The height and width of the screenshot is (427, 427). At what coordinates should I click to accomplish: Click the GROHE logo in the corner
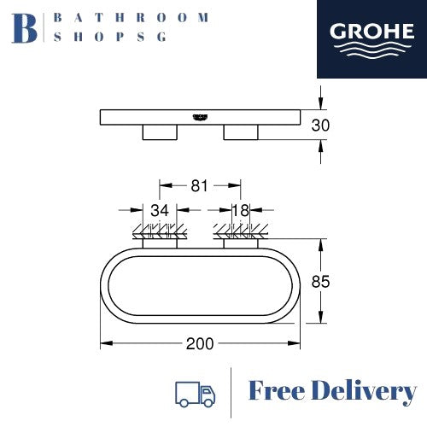pos(371,39)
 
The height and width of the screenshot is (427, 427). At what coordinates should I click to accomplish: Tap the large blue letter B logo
pos(24,28)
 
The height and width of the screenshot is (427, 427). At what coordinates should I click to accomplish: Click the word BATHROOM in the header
pos(132,18)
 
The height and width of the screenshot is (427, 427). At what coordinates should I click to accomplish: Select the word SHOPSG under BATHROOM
pos(110,37)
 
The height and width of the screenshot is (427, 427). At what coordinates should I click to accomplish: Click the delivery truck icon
pos(196,394)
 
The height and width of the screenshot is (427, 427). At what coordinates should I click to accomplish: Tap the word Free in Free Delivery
pos(277,390)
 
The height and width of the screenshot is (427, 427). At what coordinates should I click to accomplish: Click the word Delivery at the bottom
pos(364,392)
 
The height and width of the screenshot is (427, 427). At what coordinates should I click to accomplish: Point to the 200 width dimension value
pos(200,343)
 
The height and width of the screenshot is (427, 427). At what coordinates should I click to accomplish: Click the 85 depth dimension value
pos(320,282)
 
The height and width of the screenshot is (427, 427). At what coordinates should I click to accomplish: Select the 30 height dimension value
pos(320,126)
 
